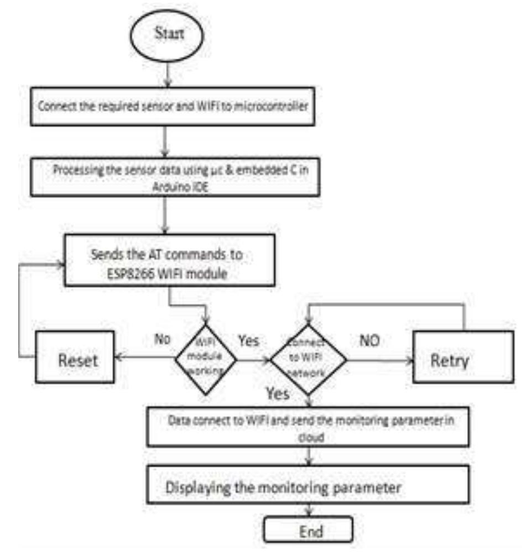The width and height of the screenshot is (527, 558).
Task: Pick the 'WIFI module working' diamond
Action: pyautogui.click(x=206, y=359)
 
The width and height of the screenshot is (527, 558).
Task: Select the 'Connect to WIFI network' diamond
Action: pyautogui.click(x=308, y=359)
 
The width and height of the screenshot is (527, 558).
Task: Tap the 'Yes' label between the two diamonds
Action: pyautogui.click(x=248, y=341)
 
